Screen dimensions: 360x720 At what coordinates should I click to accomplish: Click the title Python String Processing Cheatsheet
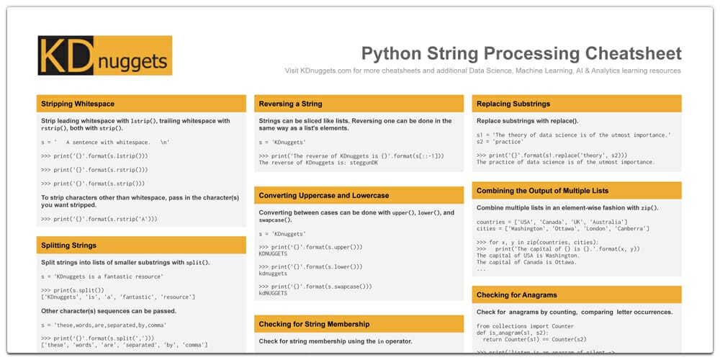click(x=521, y=53)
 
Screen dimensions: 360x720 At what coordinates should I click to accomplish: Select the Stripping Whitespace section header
click(x=78, y=104)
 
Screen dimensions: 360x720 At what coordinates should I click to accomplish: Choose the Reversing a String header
click(x=290, y=104)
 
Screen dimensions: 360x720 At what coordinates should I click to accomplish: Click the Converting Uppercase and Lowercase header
click(x=323, y=195)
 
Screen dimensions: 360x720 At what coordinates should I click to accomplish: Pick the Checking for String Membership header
click(x=314, y=324)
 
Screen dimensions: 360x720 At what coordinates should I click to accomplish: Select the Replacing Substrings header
click(x=513, y=104)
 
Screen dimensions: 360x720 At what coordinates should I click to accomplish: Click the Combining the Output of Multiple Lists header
click(x=542, y=191)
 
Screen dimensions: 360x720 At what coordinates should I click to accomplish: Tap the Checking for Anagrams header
click(x=516, y=294)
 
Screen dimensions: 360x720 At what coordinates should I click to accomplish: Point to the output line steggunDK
click(x=318, y=163)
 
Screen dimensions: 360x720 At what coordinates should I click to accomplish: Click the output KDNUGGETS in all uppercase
click(x=273, y=254)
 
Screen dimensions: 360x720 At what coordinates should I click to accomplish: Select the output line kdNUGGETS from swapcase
click(x=273, y=293)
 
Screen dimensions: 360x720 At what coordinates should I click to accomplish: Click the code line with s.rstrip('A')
click(x=99, y=218)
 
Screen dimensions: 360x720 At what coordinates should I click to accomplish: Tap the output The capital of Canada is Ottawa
click(x=528, y=262)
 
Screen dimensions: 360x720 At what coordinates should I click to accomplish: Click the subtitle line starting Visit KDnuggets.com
click(x=482, y=71)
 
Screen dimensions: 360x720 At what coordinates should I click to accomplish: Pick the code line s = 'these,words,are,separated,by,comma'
click(x=102, y=325)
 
